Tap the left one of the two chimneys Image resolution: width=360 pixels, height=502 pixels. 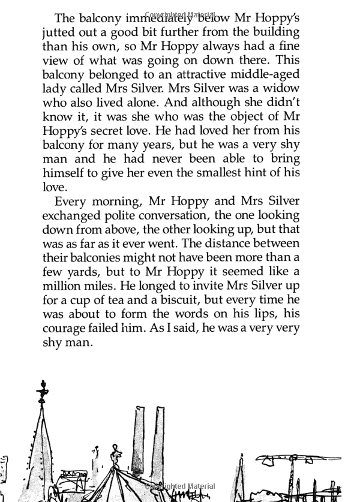138,438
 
